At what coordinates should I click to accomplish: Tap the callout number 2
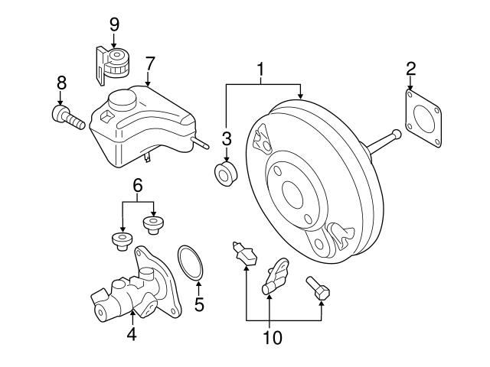411,69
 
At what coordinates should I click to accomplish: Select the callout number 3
226,138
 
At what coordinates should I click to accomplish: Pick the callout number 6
138,186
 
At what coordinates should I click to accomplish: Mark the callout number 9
114,24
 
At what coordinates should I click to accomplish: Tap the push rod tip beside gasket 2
395,136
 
